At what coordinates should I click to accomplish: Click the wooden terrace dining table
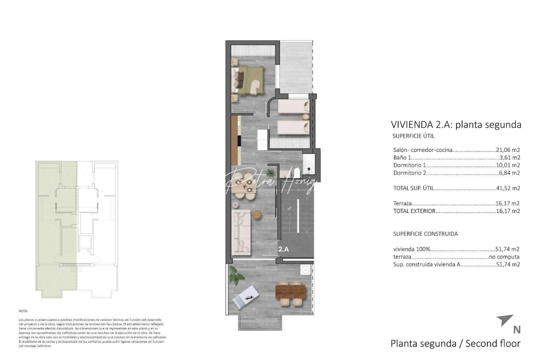tap(290, 291)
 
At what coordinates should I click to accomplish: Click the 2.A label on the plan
tap(283, 249)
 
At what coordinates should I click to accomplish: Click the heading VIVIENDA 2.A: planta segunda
tap(456, 125)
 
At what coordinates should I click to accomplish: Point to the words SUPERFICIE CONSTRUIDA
tap(425, 234)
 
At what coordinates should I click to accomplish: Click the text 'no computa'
tap(504, 257)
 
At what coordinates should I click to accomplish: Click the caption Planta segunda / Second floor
tap(455, 343)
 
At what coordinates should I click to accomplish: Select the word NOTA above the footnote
tap(23, 311)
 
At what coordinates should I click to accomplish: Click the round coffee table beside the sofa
tap(256, 215)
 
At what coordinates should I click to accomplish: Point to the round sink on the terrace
tap(305, 270)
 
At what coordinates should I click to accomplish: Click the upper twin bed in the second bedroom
tap(293, 107)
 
